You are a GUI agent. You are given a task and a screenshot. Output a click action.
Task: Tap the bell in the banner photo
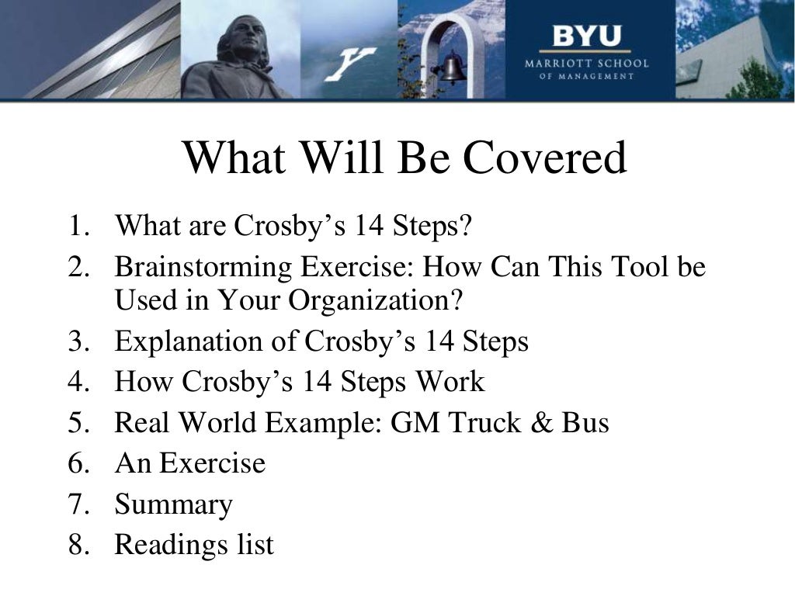[453, 68]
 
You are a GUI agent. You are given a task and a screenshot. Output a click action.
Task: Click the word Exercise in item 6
[212, 463]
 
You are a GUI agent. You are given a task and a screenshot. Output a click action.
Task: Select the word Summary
[173, 504]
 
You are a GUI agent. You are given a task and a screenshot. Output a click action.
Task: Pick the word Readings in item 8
[161, 545]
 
